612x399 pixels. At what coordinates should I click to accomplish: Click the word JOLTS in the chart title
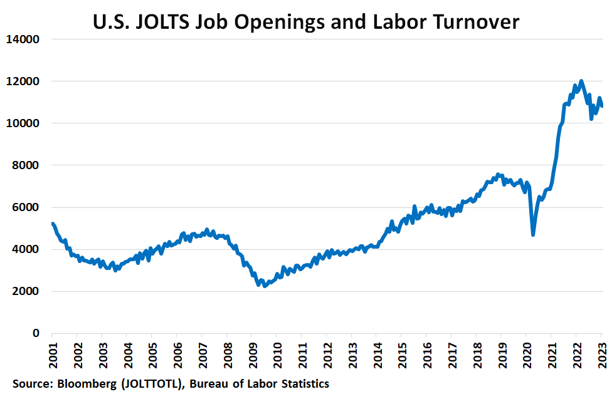pyautogui.click(x=162, y=22)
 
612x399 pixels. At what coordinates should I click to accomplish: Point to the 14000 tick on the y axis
pyautogui.click(x=23, y=39)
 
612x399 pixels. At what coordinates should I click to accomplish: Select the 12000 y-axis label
pyautogui.click(x=23, y=81)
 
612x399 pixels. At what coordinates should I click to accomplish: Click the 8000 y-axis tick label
pyautogui.click(x=26, y=165)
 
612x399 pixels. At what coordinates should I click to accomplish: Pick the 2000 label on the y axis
pyautogui.click(x=26, y=291)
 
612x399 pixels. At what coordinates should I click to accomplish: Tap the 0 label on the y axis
pyautogui.click(x=36, y=333)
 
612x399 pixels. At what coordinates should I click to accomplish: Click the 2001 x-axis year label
pyautogui.click(x=53, y=355)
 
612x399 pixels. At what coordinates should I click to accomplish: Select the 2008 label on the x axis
pyautogui.click(x=228, y=355)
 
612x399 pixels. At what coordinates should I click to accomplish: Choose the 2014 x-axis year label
pyautogui.click(x=378, y=355)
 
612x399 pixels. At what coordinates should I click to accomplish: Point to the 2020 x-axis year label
pyautogui.click(x=527, y=355)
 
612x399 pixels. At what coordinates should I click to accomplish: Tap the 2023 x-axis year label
pyautogui.click(x=602, y=355)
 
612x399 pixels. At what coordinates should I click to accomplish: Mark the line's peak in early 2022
pyautogui.click(x=581, y=81)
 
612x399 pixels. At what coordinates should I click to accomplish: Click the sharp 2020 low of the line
pyautogui.click(x=533, y=235)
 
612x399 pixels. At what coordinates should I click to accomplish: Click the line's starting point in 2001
pyautogui.click(x=52, y=224)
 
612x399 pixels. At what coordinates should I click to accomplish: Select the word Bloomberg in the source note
pyautogui.click(x=87, y=384)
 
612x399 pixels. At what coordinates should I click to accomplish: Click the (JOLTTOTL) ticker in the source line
pyautogui.click(x=152, y=384)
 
